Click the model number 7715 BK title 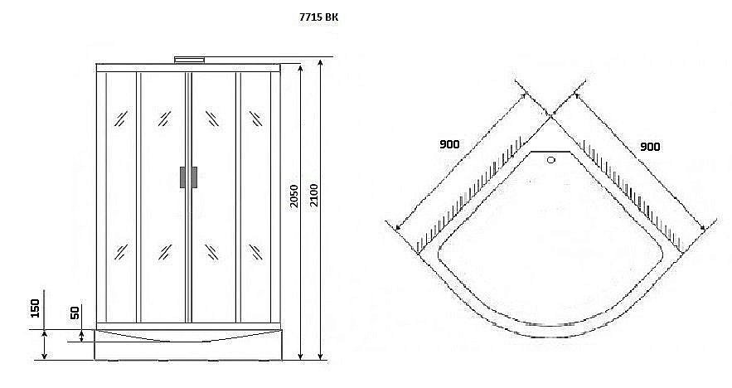318,17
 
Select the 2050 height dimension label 293,196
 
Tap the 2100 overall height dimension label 313,196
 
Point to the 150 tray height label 36,308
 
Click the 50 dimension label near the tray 75,312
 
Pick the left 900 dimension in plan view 449,144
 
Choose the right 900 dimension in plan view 650,147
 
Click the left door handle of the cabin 182,177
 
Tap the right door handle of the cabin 194,177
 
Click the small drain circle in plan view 551,160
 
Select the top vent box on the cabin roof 190,60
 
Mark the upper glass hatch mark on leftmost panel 121,119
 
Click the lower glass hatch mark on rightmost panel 255,252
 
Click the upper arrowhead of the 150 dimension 44,333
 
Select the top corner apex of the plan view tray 551,118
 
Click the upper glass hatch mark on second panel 164,119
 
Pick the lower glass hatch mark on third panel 212,252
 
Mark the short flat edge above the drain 551,151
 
